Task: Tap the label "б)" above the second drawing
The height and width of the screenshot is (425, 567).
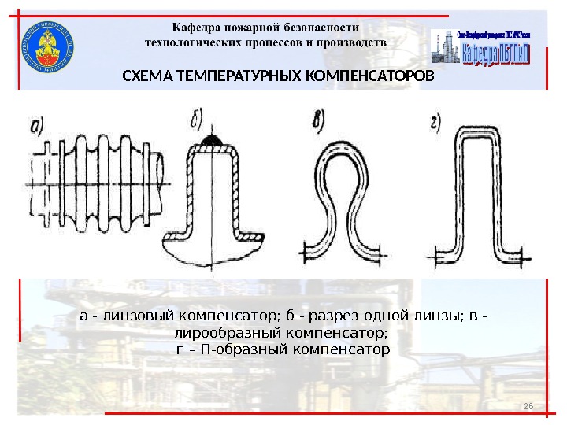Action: coord(193,120)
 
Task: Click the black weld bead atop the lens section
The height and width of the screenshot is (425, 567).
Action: coord(213,141)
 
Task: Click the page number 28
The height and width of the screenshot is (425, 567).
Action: coord(528,405)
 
